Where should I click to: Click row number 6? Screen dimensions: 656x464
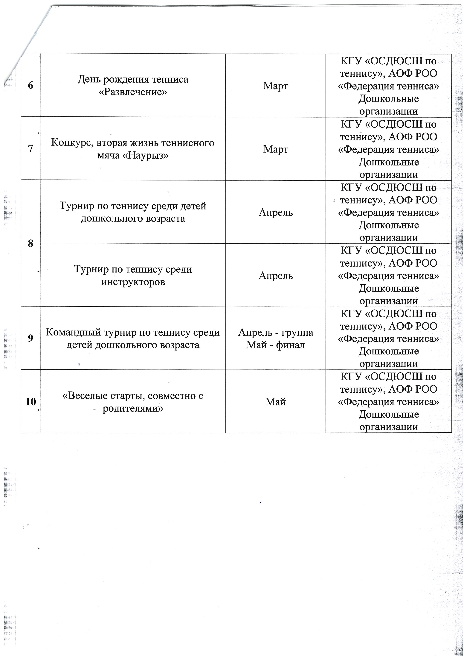30,86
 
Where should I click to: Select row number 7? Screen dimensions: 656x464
30,149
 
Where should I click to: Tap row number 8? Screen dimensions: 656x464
30,244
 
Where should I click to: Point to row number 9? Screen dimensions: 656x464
30,338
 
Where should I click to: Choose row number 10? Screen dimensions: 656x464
30,402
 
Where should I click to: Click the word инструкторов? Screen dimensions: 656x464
133,282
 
